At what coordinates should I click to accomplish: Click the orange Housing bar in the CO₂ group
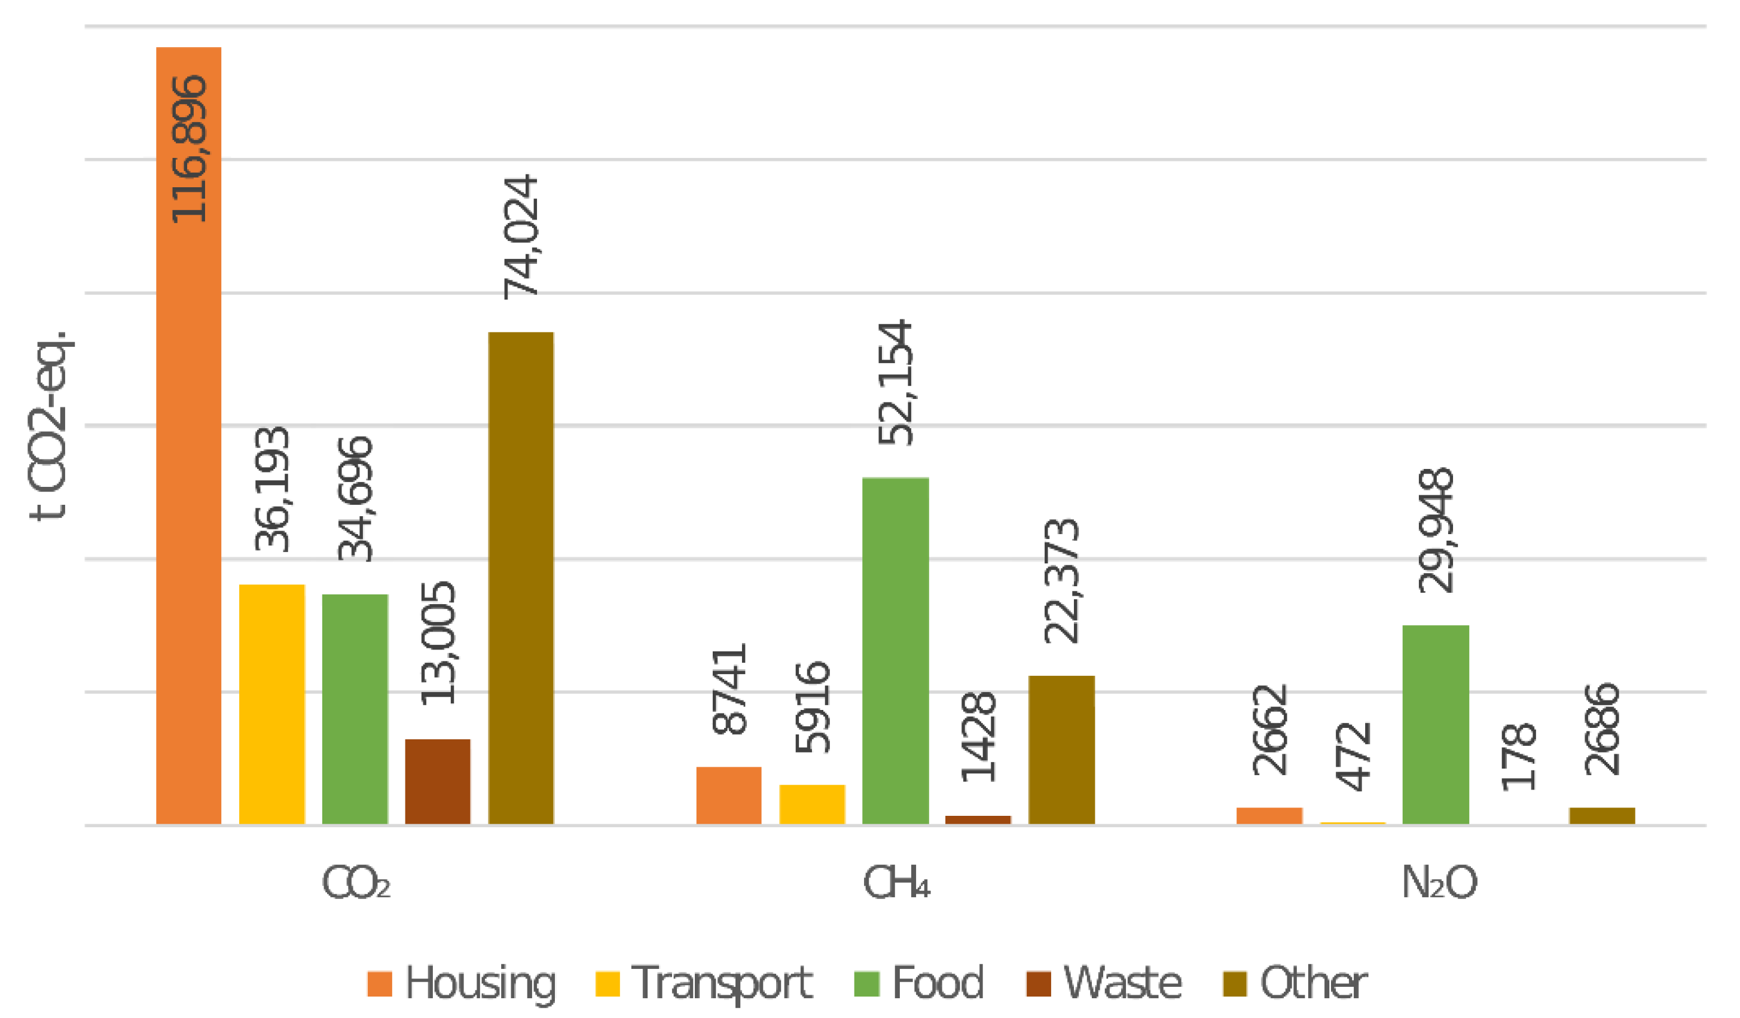(188, 483)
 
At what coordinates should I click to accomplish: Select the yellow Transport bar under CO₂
(272, 704)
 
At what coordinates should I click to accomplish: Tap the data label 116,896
(188, 148)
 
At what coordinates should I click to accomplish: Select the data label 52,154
(896, 382)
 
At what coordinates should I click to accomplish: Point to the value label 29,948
(1436, 531)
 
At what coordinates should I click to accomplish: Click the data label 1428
(978, 737)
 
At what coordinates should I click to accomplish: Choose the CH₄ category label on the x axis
(897, 883)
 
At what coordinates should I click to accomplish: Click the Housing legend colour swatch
(380, 983)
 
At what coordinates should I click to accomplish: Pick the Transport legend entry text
(722, 983)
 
